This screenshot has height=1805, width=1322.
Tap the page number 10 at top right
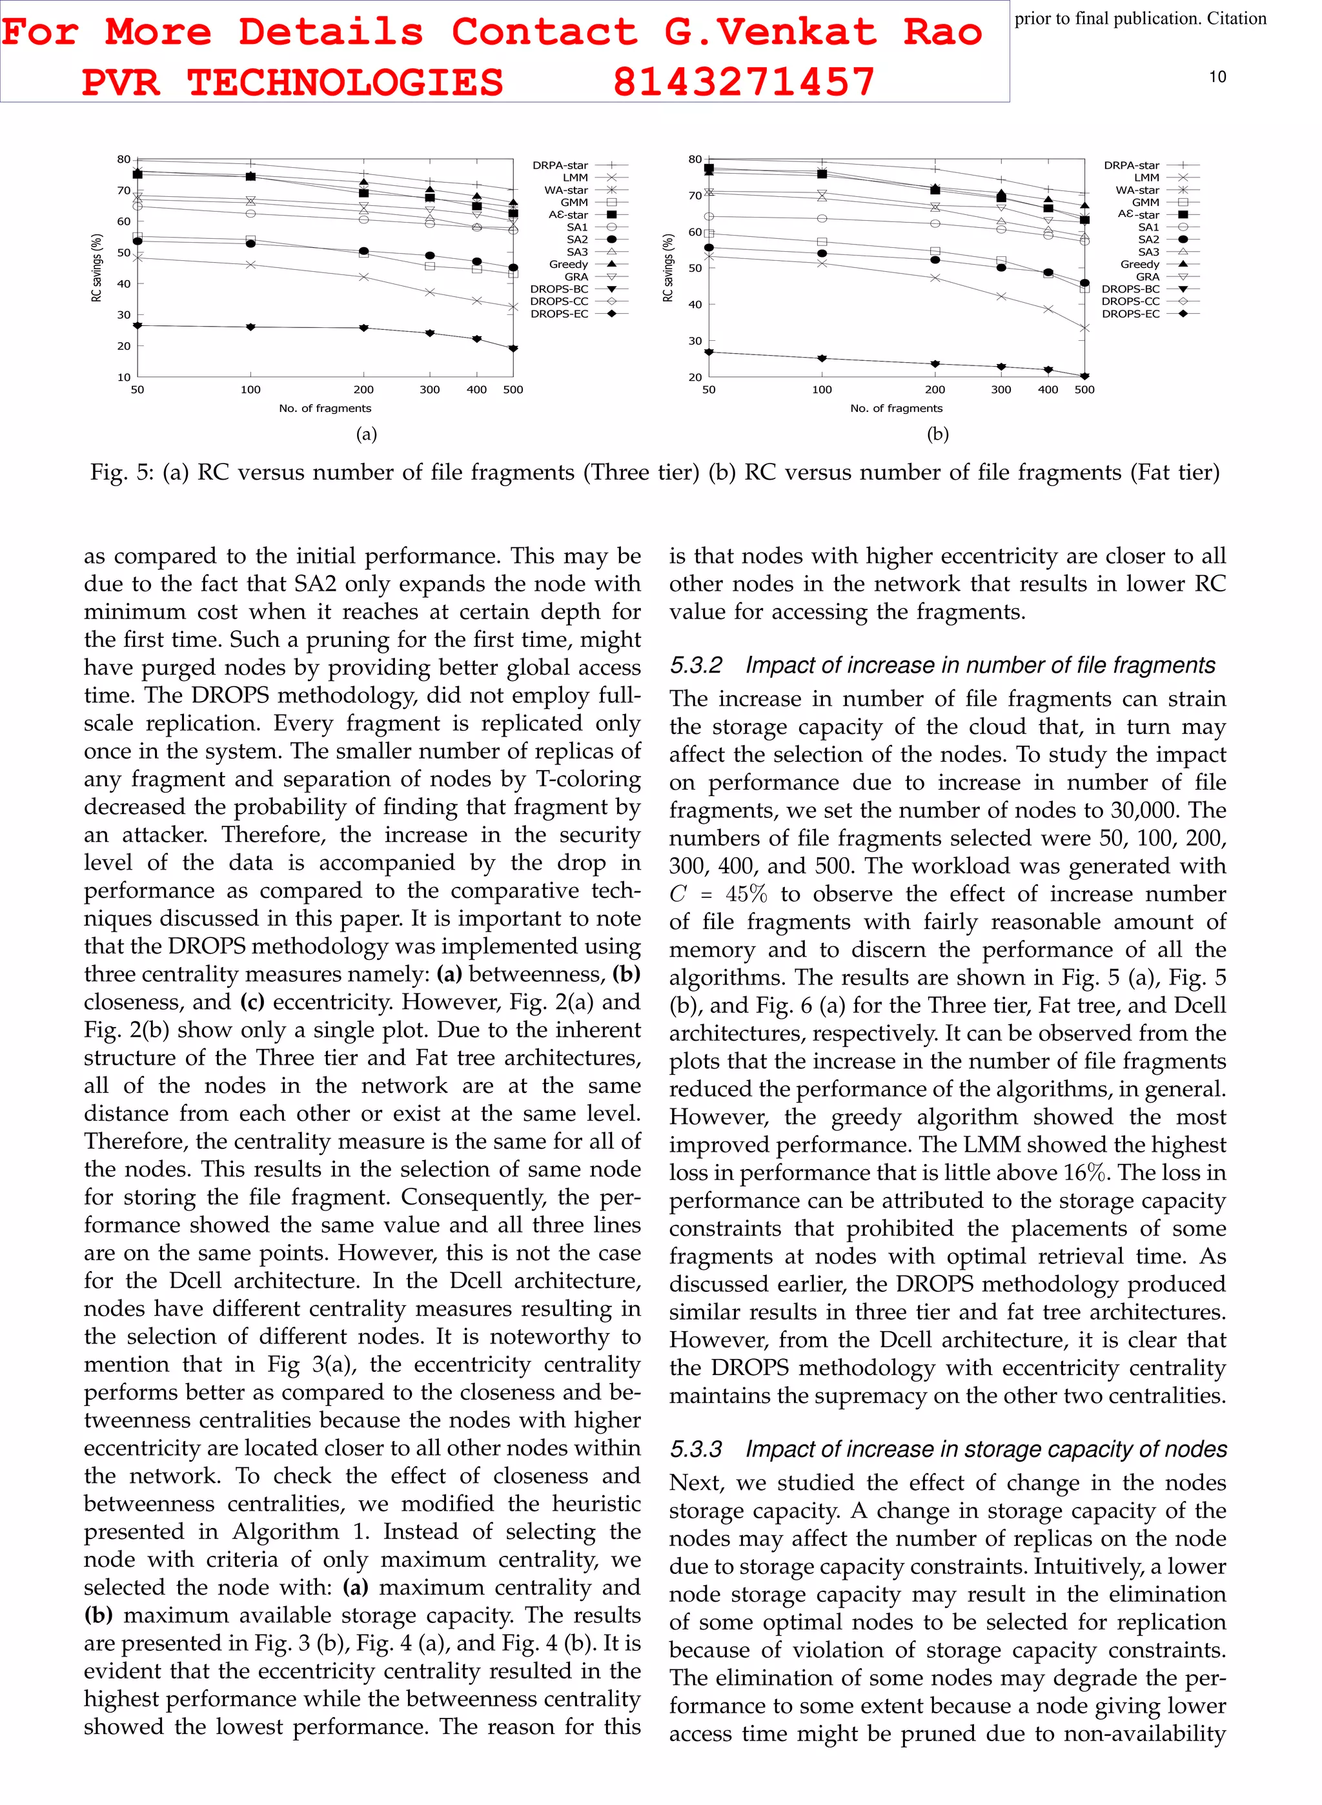pyautogui.click(x=1216, y=77)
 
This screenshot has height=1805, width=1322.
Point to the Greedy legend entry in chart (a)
pyautogui.click(x=568, y=264)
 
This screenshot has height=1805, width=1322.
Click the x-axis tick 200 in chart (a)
pyautogui.click(x=363, y=390)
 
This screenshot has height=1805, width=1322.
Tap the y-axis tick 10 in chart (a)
pyautogui.click(x=124, y=377)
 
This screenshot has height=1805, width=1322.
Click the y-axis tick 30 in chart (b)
pyautogui.click(x=695, y=341)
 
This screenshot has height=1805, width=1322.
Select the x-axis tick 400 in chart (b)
pyautogui.click(x=1048, y=390)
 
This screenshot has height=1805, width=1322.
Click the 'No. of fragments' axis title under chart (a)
pyautogui.click(x=325, y=408)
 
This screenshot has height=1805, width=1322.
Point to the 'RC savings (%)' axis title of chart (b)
pyautogui.click(x=668, y=268)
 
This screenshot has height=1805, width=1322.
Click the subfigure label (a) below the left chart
pyautogui.click(x=366, y=434)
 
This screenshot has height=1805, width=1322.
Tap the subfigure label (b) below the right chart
pyautogui.click(x=937, y=434)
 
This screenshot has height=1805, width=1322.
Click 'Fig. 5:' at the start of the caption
pyautogui.click(x=121, y=473)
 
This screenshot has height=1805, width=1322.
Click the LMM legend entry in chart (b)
pyautogui.click(x=1146, y=178)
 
